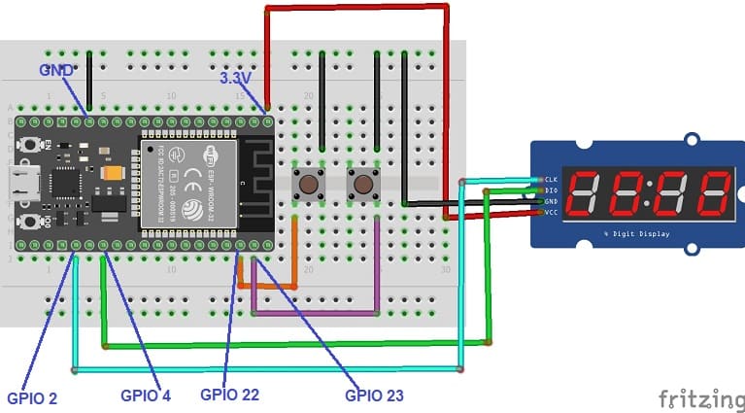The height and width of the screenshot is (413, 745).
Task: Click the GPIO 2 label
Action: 32,396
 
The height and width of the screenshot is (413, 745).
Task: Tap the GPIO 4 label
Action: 146,396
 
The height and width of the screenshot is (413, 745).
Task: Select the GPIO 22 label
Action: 229,395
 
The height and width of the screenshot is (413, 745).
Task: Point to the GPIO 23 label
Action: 374,396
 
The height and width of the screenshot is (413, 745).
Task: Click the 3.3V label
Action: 238,78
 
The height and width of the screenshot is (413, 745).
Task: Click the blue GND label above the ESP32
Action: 56,71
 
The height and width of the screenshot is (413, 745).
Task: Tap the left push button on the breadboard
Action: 310,183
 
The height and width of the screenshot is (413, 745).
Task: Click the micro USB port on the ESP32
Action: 20,181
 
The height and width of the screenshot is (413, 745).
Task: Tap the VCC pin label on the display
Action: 549,211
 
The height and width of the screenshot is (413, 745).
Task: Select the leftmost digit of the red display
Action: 586,193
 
